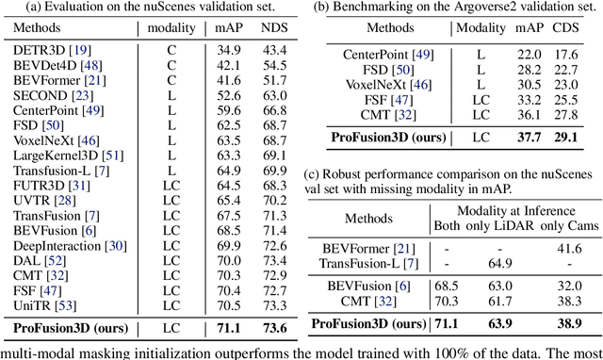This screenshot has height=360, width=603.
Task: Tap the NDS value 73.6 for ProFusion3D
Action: coord(273,327)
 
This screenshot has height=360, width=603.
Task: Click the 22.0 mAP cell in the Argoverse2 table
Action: coord(527,56)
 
